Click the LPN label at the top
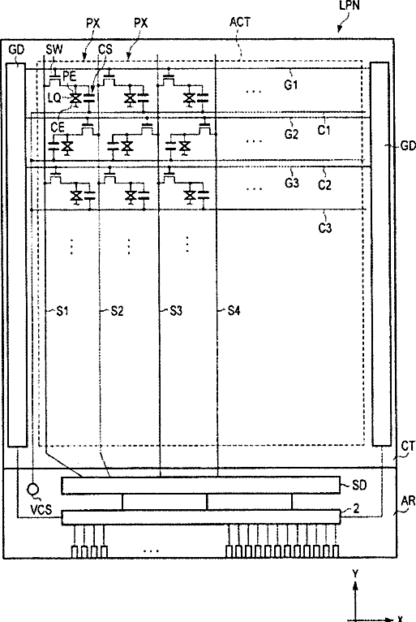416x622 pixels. [350, 5]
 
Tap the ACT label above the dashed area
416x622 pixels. [240, 22]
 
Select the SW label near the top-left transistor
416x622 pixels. [54, 50]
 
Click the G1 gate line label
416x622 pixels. [291, 85]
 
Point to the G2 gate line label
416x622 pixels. [291, 135]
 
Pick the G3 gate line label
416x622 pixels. [292, 184]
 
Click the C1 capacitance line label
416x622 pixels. [324, 130]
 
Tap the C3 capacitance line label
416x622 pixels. [325, 228]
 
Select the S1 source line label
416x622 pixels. [62, 311]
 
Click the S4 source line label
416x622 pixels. [234, 311]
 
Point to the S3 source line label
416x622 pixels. [176, 311]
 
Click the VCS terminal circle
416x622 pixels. [33, 489]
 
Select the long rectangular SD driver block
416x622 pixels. [201, 485]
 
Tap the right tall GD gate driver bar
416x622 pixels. [380, 254]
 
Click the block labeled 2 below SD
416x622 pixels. [201, 517]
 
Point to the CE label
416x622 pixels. [58, 127]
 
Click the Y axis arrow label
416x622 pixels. [355, 573]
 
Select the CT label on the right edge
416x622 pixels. [408, 447]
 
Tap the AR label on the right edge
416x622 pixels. [408, 501]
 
